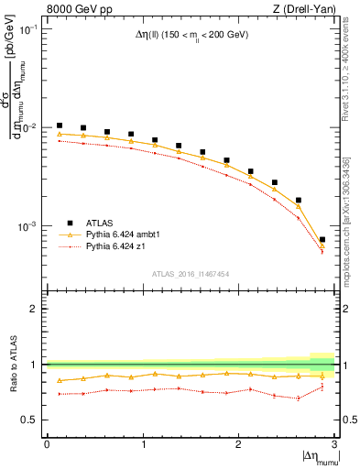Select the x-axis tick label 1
tap(143, 443)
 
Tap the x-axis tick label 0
tap(47, 443)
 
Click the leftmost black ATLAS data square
tap(60, 125)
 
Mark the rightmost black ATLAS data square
tap(322, 240)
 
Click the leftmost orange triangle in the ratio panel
tap(60, 380)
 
